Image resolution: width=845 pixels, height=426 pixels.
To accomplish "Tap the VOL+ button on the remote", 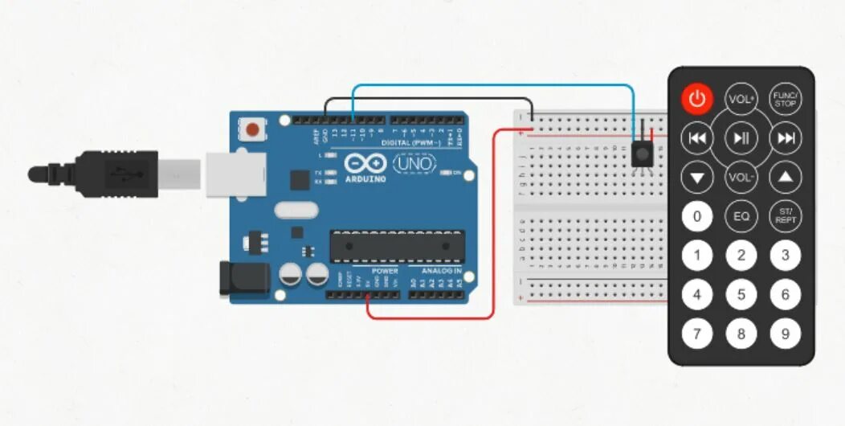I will pyautogui.click(x=741, y=99).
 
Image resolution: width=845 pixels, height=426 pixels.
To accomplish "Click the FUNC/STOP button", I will pyautogui.click(x=785, y=99).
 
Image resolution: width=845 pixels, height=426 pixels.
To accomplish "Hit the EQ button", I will pyautogui.click(x=741, y=215).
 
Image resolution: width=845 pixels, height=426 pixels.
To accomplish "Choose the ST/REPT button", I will pyautogui.click(x=785, y=215).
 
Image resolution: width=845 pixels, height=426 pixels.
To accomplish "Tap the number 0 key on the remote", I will pyautogui.click(x=696, y=215).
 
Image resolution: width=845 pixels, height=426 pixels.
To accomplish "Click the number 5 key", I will pyautogui.click(x=741, y=295).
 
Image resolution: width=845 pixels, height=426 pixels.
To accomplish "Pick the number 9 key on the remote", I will pyautogui.click(x=785, y=333).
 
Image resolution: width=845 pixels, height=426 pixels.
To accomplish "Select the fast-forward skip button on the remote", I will pyautogui.click(x=785, y=138).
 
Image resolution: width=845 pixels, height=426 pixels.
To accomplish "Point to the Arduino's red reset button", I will pyautogui.click(x=254, y=128).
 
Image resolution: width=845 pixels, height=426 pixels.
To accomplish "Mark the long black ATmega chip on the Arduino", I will pyautogui.click(x=397, y=246).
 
